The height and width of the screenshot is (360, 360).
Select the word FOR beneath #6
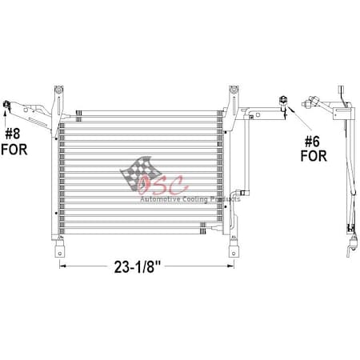[x=313, y=155]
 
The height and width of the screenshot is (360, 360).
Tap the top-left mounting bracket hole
[x=57, y=89]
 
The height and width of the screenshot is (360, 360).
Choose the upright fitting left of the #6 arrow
[x=282, y=102]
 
